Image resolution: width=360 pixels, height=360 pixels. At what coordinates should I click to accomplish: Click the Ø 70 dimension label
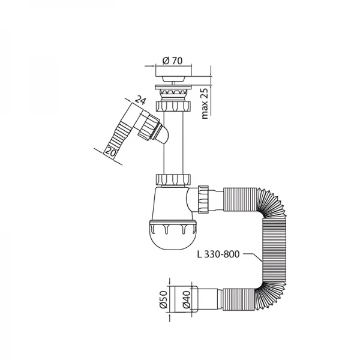point(172,61)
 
